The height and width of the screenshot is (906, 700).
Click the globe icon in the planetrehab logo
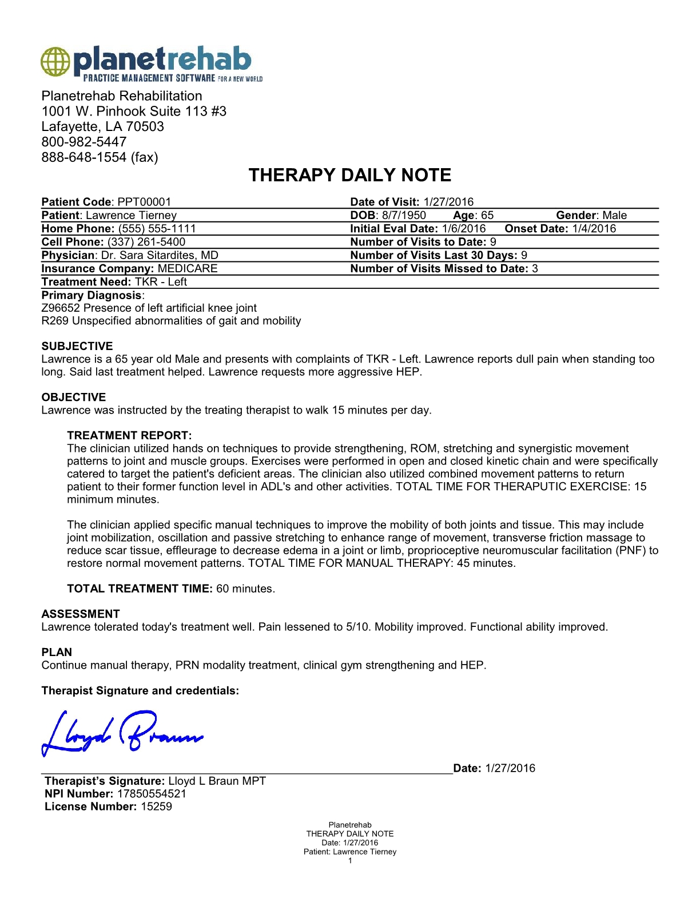pyautogui.click(x=55, y=62)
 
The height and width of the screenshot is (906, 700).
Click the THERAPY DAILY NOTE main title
pyautogui.click(x=350, y=175)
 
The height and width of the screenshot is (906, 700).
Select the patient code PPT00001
pyautogui.click(x=144, y=202)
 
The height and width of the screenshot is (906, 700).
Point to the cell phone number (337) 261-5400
pyautogui.click(x=146, y=242)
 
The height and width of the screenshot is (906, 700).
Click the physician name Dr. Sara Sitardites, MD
pyautogui.click(x=160, y=256)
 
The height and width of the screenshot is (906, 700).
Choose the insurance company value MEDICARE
pyautogui.click(x=188, y=269)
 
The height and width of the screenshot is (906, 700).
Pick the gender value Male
pyautogui.click(x=615, y=216)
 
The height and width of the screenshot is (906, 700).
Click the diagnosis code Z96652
pyautogui.click(x=61, y=308)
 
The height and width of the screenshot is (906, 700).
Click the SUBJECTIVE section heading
pyautogui.click(x=77, y=346)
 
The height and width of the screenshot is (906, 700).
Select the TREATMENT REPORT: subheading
pyautogui.click(x=129, y=435)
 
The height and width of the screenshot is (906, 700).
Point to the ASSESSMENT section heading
pyautogui.click(x=81, y=614)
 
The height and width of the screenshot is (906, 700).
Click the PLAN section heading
pyautogui.click(x=57, y=652)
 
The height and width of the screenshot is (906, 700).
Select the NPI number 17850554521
pyautogui.click(x=152, y=794)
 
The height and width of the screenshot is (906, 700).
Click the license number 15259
pyautogui.click(x=156, y=807)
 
